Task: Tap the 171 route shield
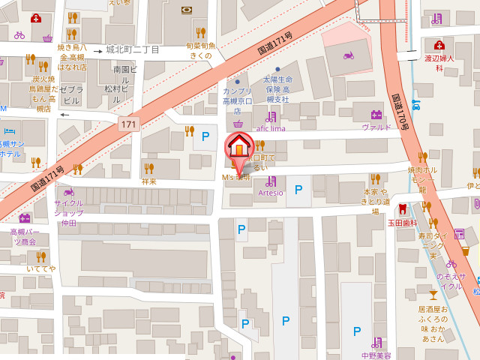pyautogui.click(x=129, y=123)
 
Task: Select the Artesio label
pyautogui.click(x=271, y=193)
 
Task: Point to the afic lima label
pyautogui.click(x=271, y=128)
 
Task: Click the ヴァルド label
pyautogui.click(x=376, y=127)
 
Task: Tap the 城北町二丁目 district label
pyautogui.click(x=133, y=49)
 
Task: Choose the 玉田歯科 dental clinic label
pyautogui.click(x=402, y=223)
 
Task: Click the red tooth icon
pyautogui.click(x=402, y=208)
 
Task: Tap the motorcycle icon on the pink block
pyautogui.click(x=348, y=55)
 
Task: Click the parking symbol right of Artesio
pyautogui.click(x=298, y=190)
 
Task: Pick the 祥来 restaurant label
pyautogui.click(x=149, y=181)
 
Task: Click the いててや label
pyautogui.click(x=40, y=268)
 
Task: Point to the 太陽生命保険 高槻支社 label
pyautogui.click(x=277, y=88)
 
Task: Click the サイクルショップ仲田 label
pyautogui.click(x=69, y=213)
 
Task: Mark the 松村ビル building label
pyautogui.click(x=118, y=93)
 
